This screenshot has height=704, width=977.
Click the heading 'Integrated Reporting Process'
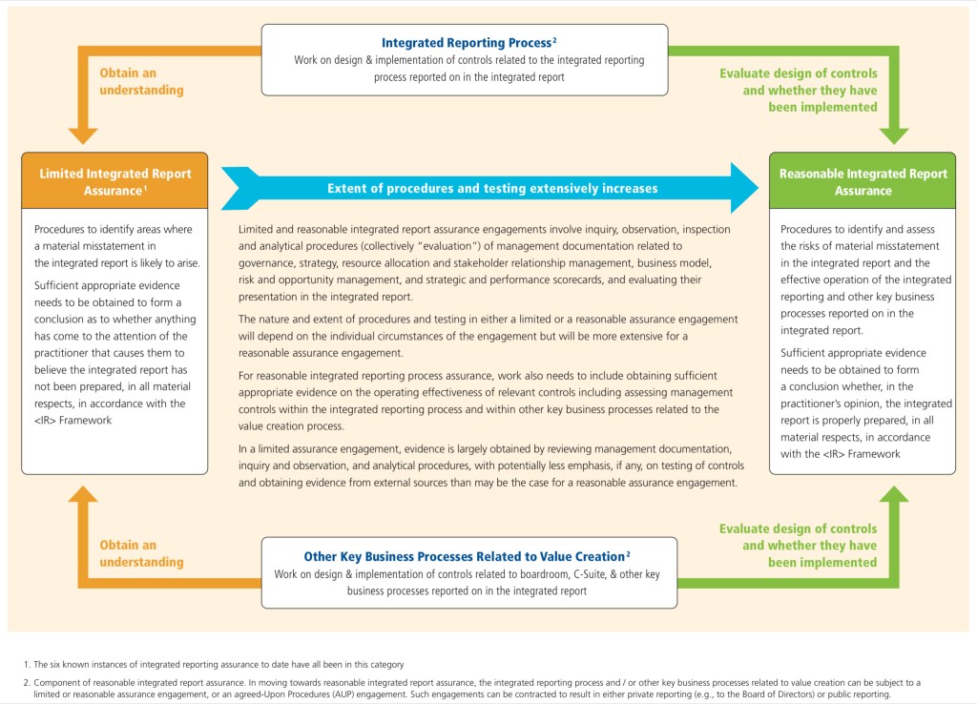click(x=466, y=43)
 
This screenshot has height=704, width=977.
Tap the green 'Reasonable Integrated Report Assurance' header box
click(x=863, y=181)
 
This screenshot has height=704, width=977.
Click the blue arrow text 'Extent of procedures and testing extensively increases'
click(x=492, y=188)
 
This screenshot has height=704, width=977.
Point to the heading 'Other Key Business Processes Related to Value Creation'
click(x=464, y=556)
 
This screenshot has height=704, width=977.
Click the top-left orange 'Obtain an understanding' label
click(x=141, y=82)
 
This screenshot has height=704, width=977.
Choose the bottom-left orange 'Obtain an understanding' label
click(x=141, y=553)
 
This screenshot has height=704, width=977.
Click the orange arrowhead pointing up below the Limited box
click(x=82, y=496)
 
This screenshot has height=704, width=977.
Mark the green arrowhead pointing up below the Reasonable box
click(x=893, y=496)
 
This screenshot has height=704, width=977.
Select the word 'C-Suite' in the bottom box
click(x=584, y=574)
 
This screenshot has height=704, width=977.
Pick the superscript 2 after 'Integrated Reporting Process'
click(x=554, y=40)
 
